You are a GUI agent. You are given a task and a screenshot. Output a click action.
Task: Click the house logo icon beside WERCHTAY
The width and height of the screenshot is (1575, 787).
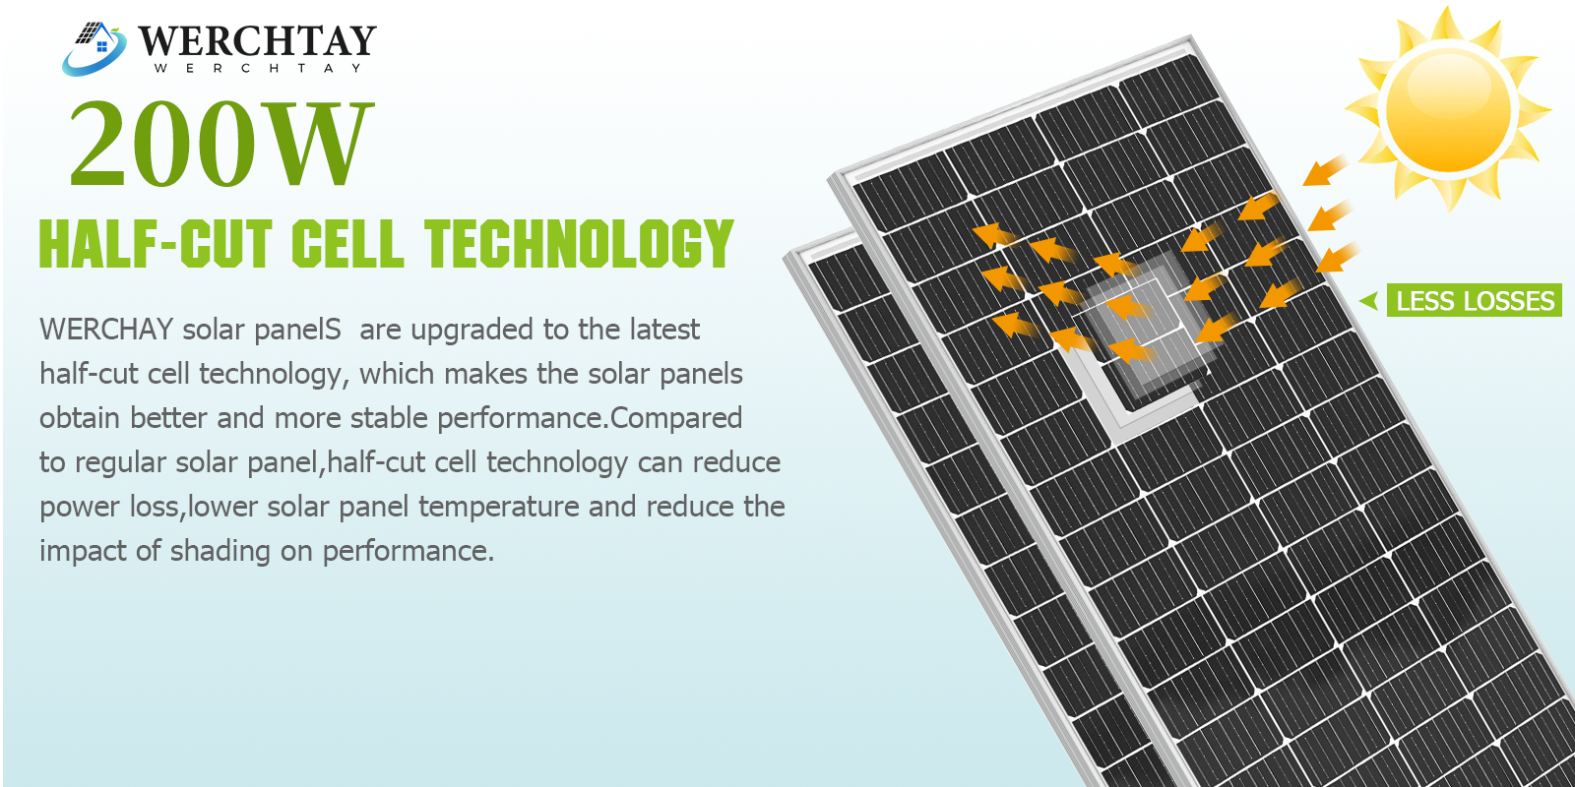pos(94,48)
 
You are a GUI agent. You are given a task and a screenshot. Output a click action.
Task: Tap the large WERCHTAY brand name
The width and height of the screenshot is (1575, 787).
pos(257,40)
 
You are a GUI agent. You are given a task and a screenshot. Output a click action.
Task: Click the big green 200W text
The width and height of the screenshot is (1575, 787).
pos(219,143)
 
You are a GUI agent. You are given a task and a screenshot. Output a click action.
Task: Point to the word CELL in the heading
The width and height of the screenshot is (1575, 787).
pos(347,243)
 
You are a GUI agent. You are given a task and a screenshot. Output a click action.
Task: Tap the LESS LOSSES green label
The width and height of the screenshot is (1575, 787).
pos(1475,301)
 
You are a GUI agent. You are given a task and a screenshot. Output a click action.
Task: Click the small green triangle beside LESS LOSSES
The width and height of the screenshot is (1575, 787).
pos(1369,301)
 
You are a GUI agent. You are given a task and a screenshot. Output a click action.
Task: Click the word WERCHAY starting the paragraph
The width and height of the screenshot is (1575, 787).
pos(106,330)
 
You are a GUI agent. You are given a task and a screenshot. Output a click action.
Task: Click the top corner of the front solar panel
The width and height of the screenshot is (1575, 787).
pos(1190,36)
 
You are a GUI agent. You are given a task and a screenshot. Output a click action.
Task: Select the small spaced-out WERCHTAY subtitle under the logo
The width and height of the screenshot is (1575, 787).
pos(257,68)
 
